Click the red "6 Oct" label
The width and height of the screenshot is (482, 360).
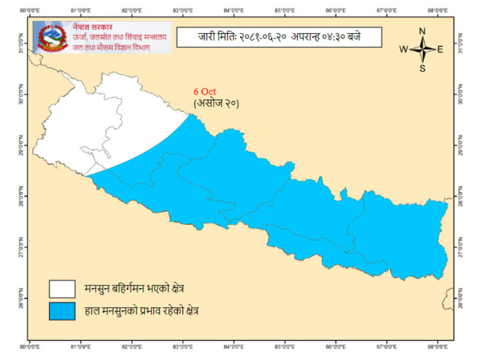point(205,92)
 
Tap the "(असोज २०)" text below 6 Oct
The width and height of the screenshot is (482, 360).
point(216,103)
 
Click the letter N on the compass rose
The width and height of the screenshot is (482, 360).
point(422,32)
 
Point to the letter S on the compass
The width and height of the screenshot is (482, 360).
point(422,68)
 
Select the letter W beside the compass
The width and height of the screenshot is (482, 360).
point(404,50)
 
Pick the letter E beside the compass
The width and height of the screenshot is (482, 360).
point(440,50)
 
